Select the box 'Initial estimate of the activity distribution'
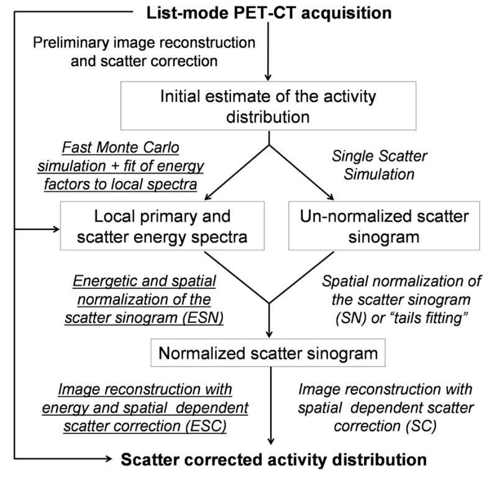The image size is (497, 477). click(268, 105)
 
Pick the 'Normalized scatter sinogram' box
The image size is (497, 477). click(269, 354)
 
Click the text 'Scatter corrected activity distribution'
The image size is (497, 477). click(273, 460)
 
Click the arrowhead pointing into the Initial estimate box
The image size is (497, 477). click(268, 77)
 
